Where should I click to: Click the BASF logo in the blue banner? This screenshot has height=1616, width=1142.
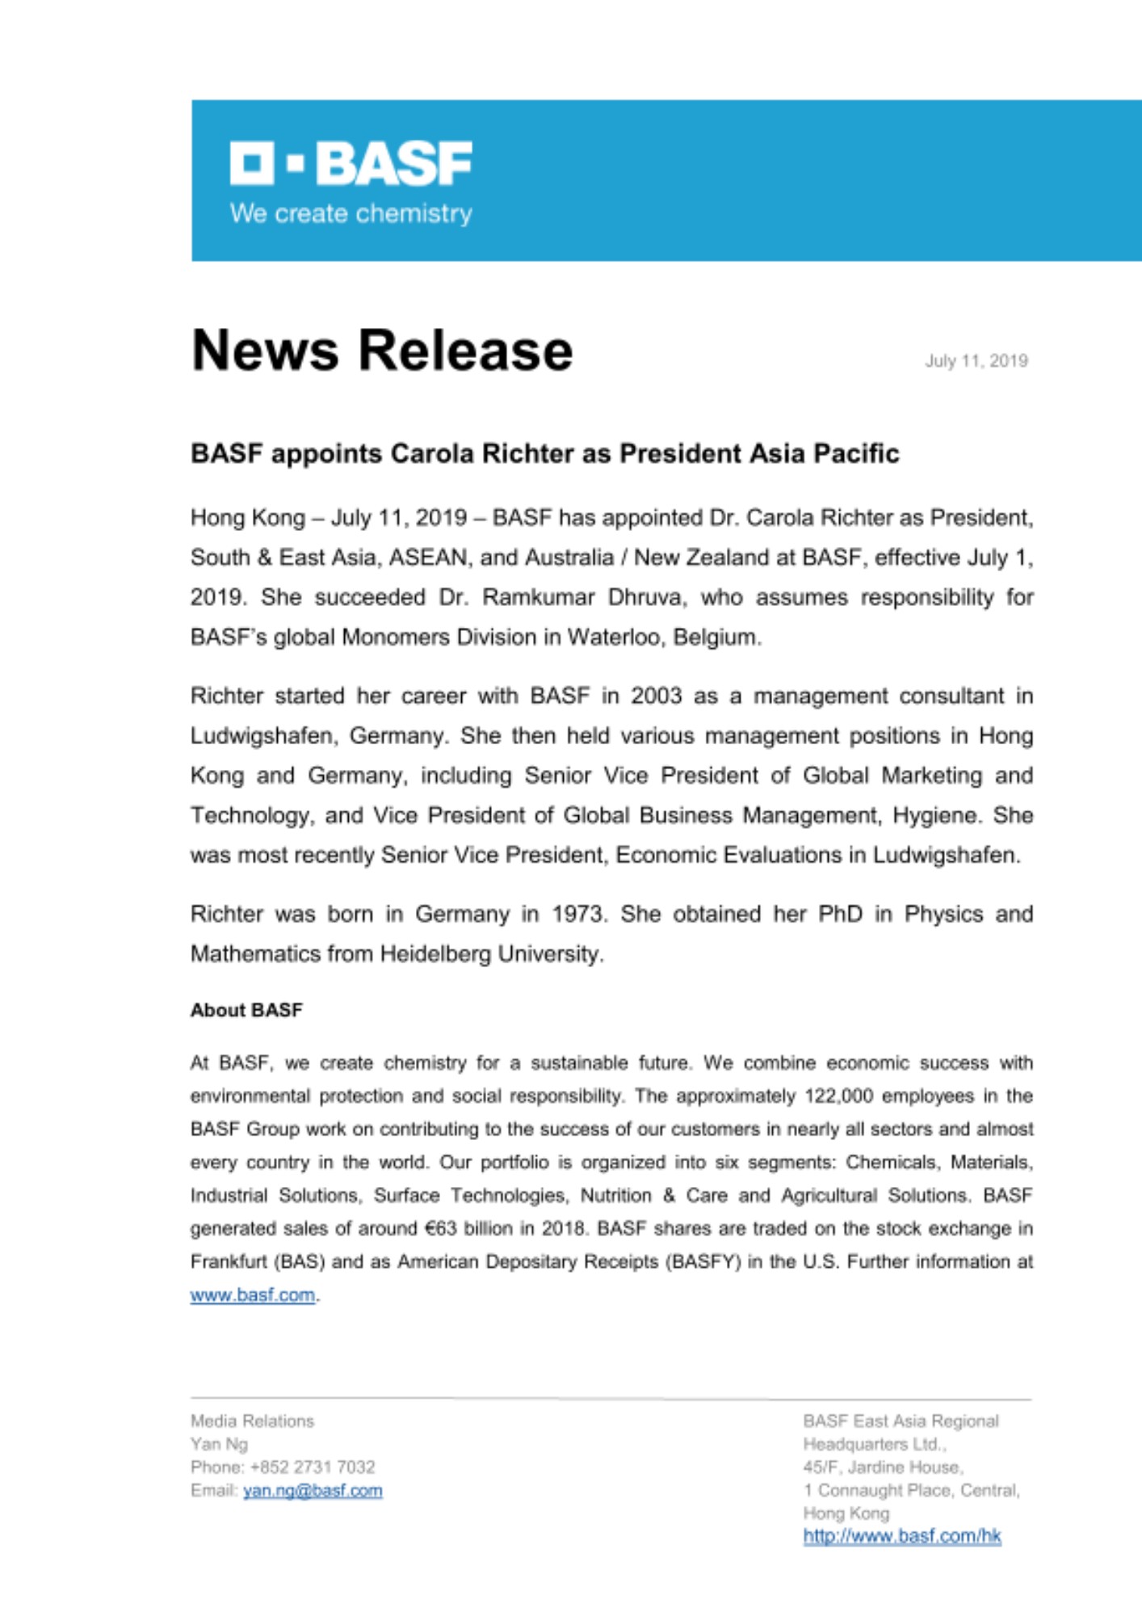pyautogui.click(x=351, y=163)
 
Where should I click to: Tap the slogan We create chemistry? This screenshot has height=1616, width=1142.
pyautogui.click(x=351, y=214)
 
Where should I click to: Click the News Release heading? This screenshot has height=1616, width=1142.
pyautogui.click(x=382, y=351)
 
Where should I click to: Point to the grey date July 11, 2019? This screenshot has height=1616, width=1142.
pyautogui.click(x=976, y=361)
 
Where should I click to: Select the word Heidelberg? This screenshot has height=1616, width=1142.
pyautogui.click(x=434, y=954)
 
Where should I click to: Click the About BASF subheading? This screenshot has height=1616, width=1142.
pyautogui.click(x=246, y=1011)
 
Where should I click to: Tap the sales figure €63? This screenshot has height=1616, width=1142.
pyautogui.click(x=441, y=1229)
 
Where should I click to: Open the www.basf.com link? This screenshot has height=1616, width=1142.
pyautogui.click(x=252, y=1295)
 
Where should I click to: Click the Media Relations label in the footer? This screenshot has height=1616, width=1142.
pyautogui.click(x=252, y=1421)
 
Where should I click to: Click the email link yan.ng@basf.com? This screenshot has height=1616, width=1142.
pyautogui.click(x=313, y=1491)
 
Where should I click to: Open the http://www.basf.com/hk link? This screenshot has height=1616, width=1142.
pyautogui.click(x=901, y=1537)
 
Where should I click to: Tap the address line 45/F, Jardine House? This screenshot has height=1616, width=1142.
pyautogui.click(x=883, y=1467)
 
